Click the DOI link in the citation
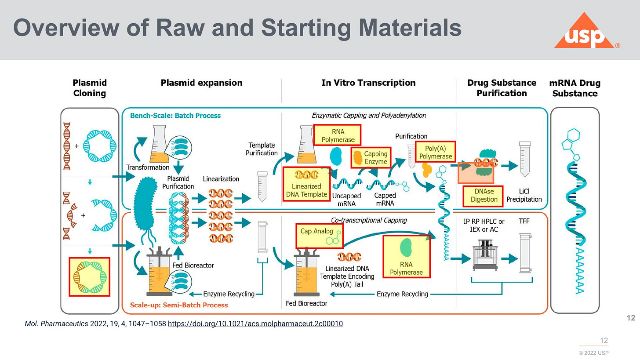(255, 324)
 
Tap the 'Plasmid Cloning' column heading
(90, 88)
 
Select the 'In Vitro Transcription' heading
(368, 83)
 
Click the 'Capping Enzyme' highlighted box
(371, 157)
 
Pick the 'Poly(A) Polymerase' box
(435, 153)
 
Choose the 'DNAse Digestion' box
(483, 196)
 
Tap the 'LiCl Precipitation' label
(524, 196)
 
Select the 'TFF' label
(524, 222)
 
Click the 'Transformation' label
(148, 167)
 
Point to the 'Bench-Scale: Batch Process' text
(175, 116)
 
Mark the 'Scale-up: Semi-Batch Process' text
(179, 305)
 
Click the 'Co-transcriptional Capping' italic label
(369, 220)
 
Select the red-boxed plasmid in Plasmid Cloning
(89, 276)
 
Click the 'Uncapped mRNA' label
(346, 199)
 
